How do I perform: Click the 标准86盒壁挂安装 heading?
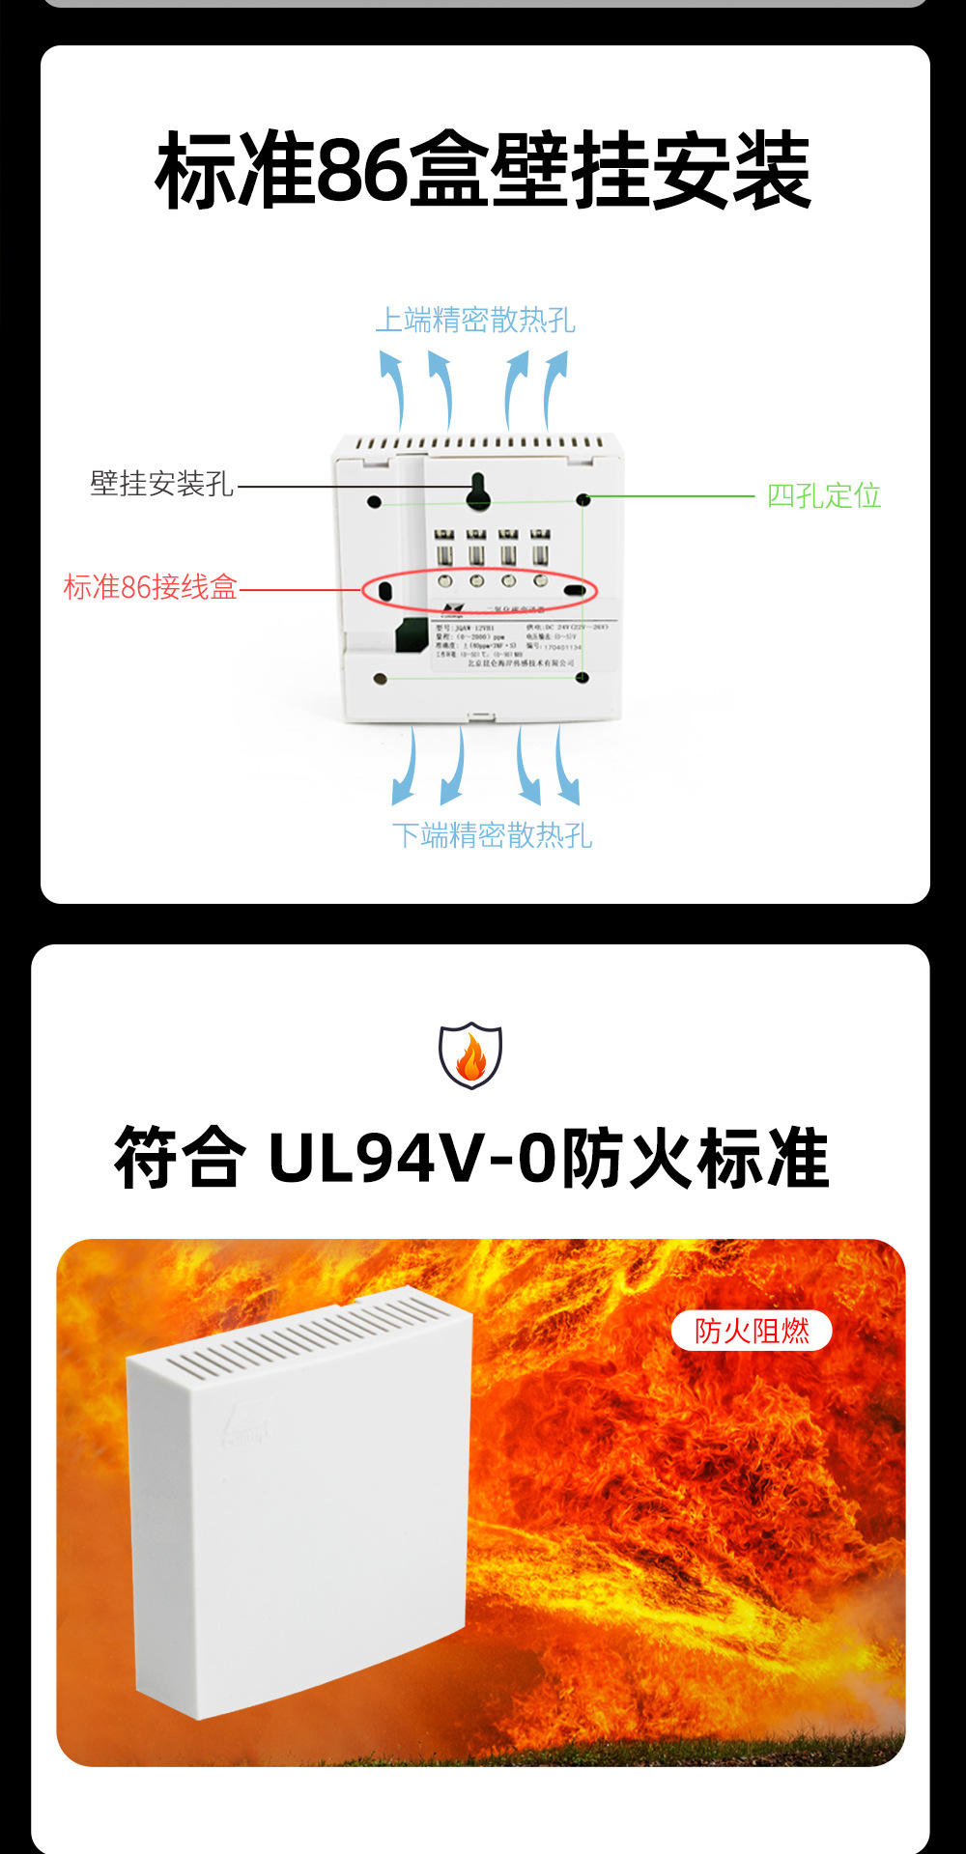pyautogui.click(x=483, y=172)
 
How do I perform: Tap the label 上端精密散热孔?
pyautogui.click(x=475, y=320)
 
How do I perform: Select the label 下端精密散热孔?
pyautogui.click(x=492, y=835)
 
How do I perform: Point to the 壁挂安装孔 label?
pyautogui.click(x=162, y=484)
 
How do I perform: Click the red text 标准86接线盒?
pyautogui.click(x=151, y=587)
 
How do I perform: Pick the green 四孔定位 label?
pyautogui.click(x=823, y=496)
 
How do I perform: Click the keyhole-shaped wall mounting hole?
pyautogui.click(x=478, y=492)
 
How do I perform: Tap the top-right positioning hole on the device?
pyautogui.click(x=582, y=499)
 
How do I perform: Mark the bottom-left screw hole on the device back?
pyautogui.click(x=380, y=679)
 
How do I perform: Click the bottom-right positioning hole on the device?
pyautogui.click(x=582, y=678)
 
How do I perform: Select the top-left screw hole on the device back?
pyautogui.click(x=375, y=501)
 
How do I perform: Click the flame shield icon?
pyautogui.click(x=470, y=1055)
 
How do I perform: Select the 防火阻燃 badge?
pyautogui.click(x=752, y=1331)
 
